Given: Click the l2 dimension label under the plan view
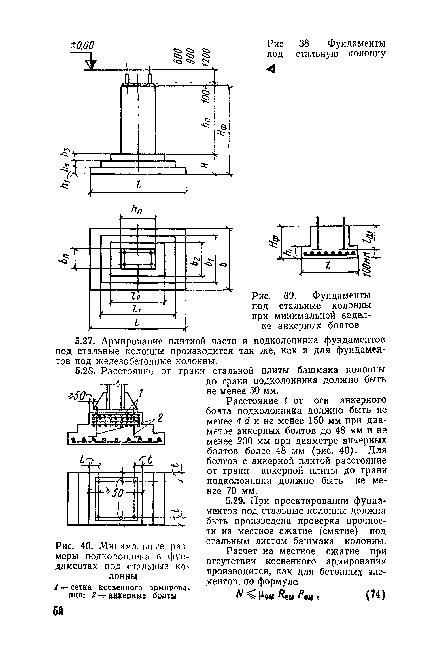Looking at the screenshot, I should (x=138, y=297).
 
